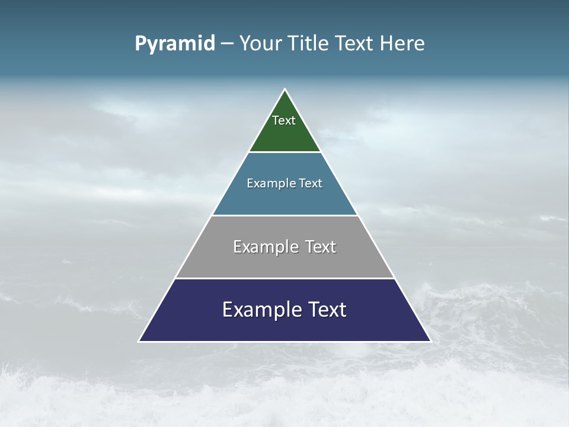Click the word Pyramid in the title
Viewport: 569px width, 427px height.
[174, 44]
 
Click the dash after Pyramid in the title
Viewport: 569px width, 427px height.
[227, 44]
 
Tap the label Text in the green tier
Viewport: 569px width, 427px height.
[284, 120]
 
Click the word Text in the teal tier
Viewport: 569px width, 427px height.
[311, 183]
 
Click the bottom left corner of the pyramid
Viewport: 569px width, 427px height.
[140, 340]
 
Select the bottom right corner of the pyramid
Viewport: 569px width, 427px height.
[430, 340]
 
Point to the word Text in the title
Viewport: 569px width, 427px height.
[353, 44]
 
